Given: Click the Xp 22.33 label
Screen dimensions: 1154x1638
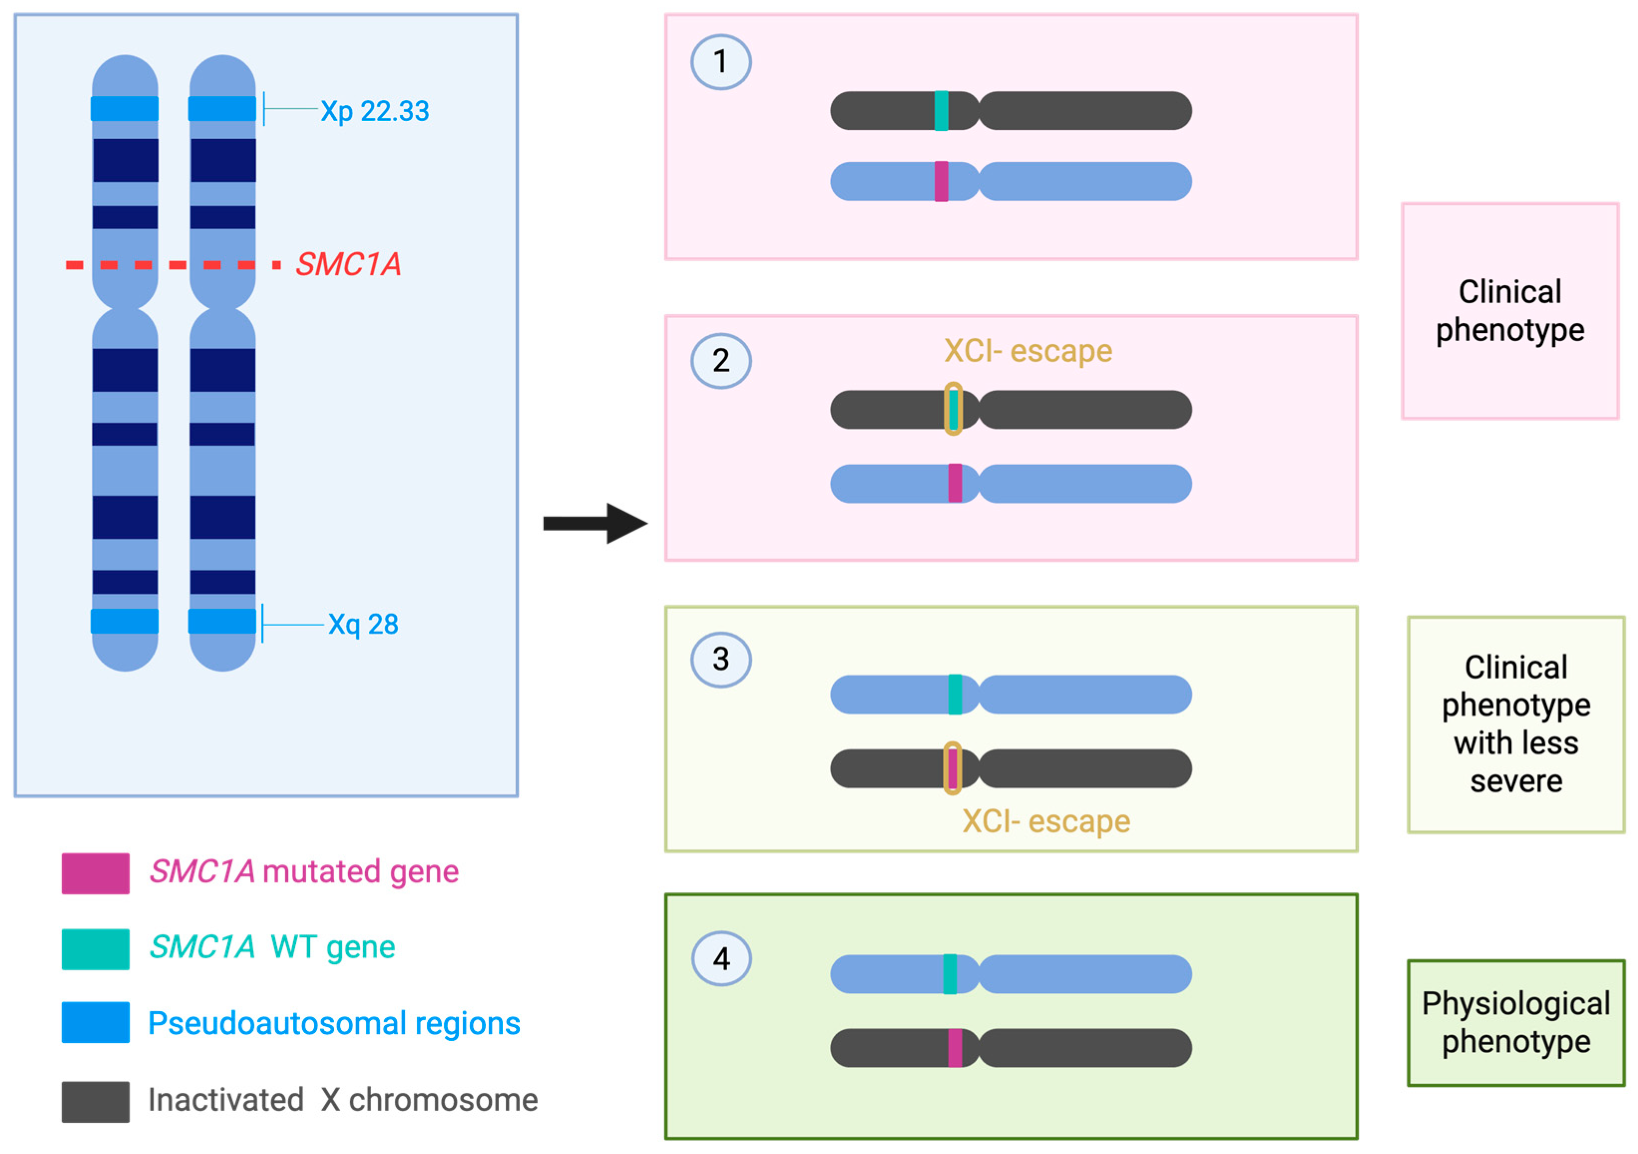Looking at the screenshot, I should point(375,111).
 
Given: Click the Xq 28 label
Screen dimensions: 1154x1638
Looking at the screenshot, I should point(363,625).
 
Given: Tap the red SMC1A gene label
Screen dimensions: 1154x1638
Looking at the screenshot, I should point(348,264).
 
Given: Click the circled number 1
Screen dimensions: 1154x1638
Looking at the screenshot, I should point(721,62).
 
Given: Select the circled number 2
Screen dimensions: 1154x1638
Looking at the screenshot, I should point(721,361).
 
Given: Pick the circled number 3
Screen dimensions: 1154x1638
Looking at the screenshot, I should point(721,660).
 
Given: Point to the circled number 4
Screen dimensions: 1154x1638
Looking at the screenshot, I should point(721,958).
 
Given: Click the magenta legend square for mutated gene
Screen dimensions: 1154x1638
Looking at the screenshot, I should point(96,873).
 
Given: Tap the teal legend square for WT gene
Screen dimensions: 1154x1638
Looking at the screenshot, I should point(96,948).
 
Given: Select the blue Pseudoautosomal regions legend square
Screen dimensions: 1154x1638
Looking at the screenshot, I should point(96,1023).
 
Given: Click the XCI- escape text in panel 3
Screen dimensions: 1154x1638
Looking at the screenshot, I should point(1046,821).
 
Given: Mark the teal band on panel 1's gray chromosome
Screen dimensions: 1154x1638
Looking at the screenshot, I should point(941,111).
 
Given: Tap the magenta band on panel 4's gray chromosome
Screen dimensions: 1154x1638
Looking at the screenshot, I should point(955,1048).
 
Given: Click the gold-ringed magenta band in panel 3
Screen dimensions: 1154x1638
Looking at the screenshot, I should point(952,768).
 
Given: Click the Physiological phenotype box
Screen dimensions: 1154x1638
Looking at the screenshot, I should point(1516,1023).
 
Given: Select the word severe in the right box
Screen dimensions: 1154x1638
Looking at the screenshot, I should point(1516,781).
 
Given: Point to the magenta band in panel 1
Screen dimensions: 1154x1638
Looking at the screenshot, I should point(941,181).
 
